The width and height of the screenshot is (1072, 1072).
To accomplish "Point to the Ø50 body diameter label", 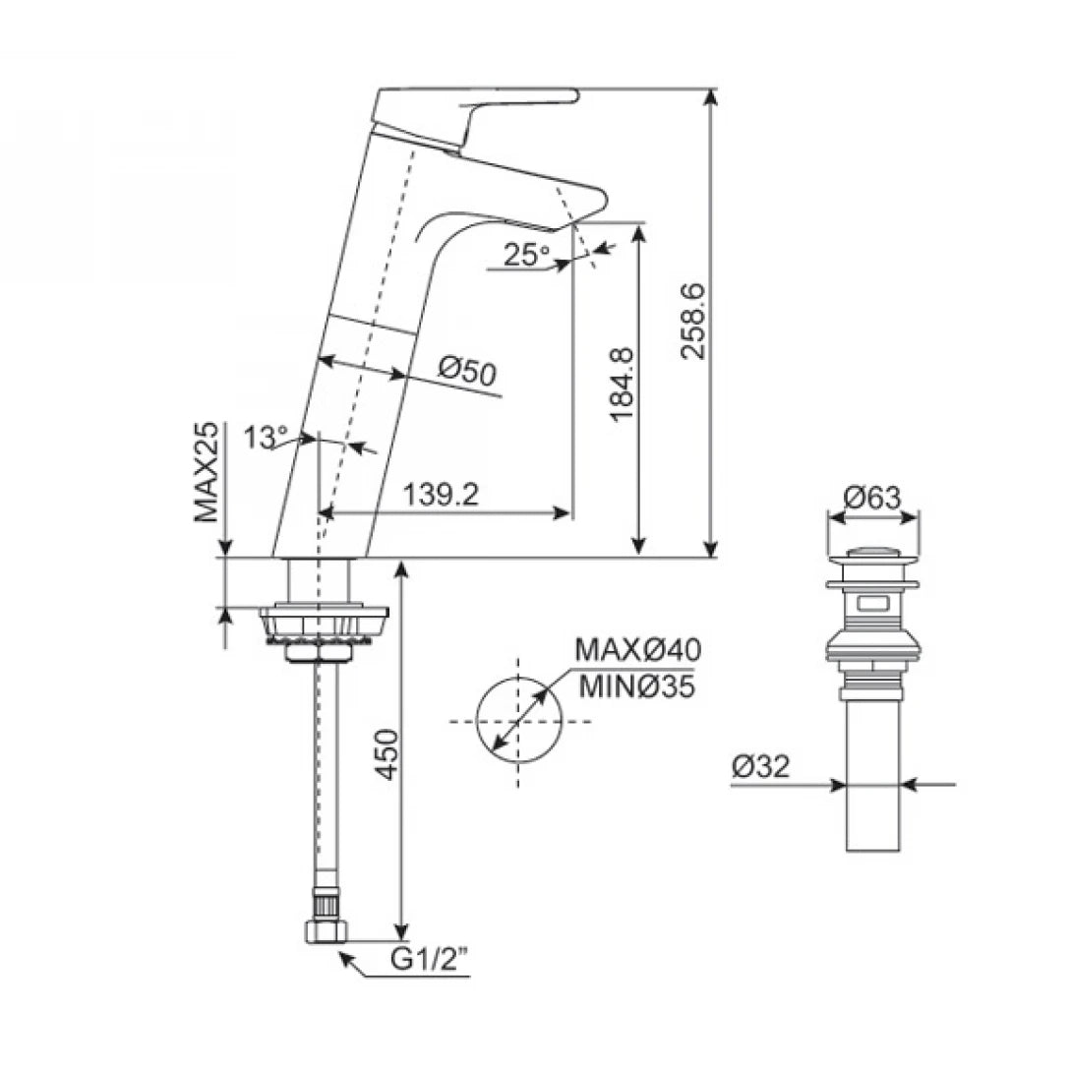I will tap(467, 371).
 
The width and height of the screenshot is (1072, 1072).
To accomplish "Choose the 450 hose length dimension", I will tap(388, 754).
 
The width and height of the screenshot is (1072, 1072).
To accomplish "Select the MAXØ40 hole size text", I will tap(638, 650).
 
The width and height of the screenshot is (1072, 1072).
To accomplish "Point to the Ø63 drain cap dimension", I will tap(872, 498).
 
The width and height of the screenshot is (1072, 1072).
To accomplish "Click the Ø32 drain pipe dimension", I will tap(761, 766).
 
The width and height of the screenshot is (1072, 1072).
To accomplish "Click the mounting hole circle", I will tap(517, 721).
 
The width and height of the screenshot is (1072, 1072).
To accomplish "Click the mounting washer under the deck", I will tap(325, 624).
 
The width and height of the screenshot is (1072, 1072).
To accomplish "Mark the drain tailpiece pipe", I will tap(873, 777).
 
